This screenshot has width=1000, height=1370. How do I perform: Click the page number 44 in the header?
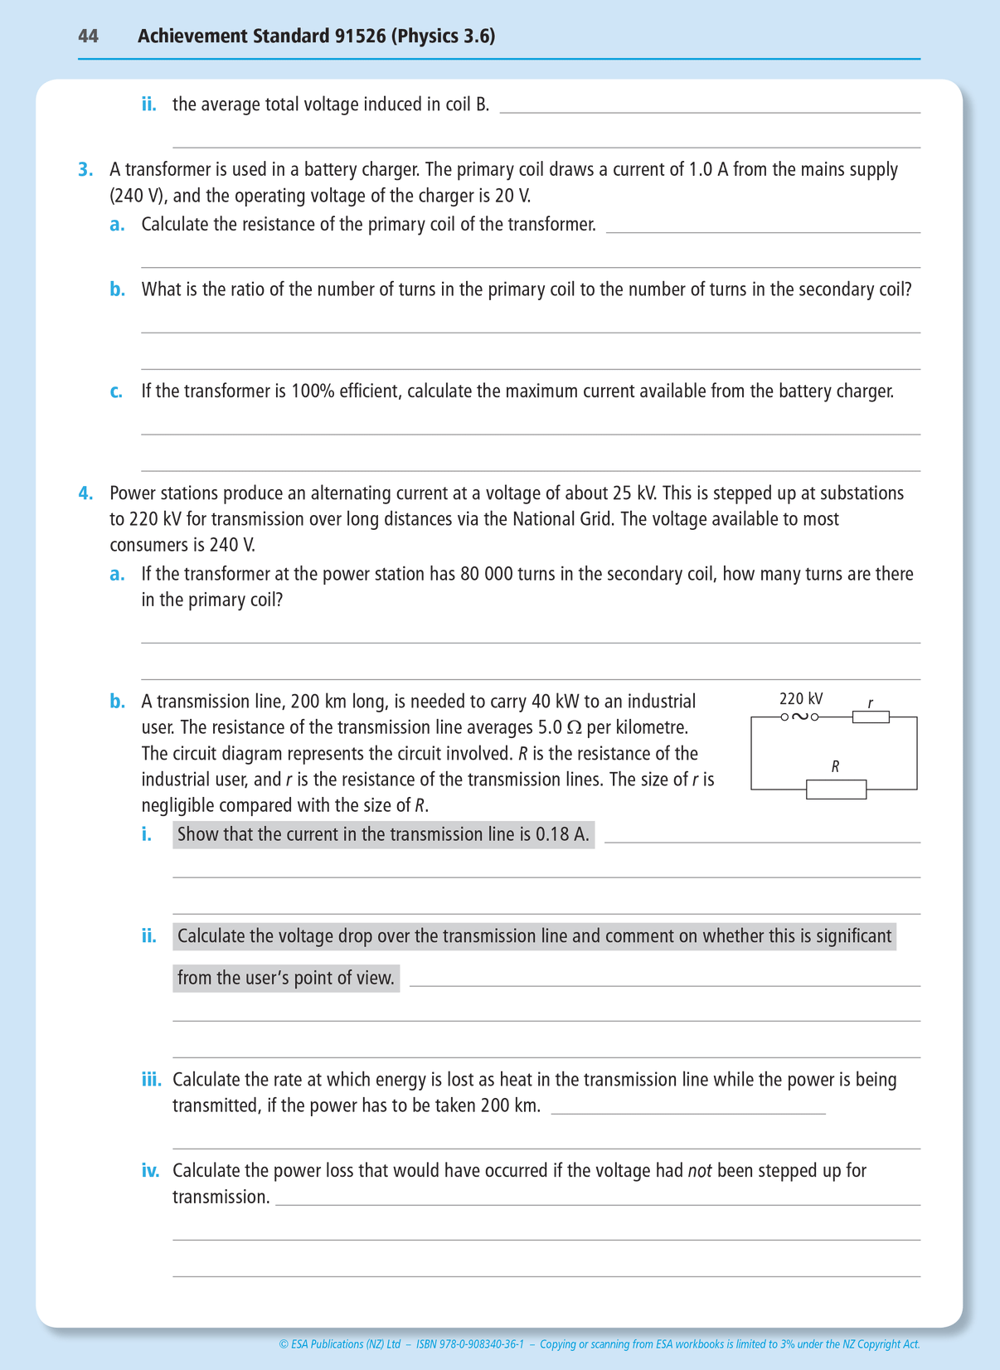click(x=88, y=36)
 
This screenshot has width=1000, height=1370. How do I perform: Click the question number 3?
click(x=85, y=170)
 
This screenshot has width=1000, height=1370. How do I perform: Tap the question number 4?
click(x=85, y=493)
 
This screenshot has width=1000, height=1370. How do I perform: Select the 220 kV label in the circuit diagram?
click(x=800, y=699)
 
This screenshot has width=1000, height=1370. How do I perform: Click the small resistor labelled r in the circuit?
click(x=871, y=717)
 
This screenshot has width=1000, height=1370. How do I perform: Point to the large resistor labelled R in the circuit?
click(x=836, y=789)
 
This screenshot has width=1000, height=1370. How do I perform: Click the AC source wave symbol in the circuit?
click(x=800, y=717)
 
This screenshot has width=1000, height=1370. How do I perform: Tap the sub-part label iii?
click(x=151, y=1080)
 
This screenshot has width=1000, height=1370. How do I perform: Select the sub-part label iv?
click(x=150, y=1171)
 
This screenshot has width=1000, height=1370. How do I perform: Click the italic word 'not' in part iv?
click(x=700, y=1171)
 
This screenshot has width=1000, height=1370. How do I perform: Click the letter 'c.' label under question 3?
click(x=117, y=391)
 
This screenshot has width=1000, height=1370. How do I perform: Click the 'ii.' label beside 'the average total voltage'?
click(x=148, y=104)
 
